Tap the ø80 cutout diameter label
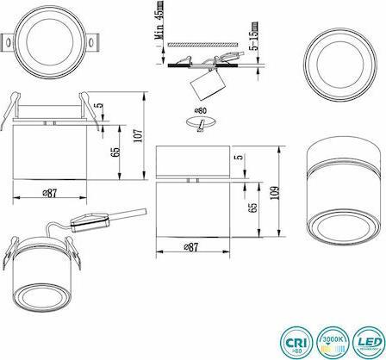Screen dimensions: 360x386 click(201, 112)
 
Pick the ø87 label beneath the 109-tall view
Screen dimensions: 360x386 click(194, 247)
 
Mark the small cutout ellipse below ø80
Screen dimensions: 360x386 click(201, 126)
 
